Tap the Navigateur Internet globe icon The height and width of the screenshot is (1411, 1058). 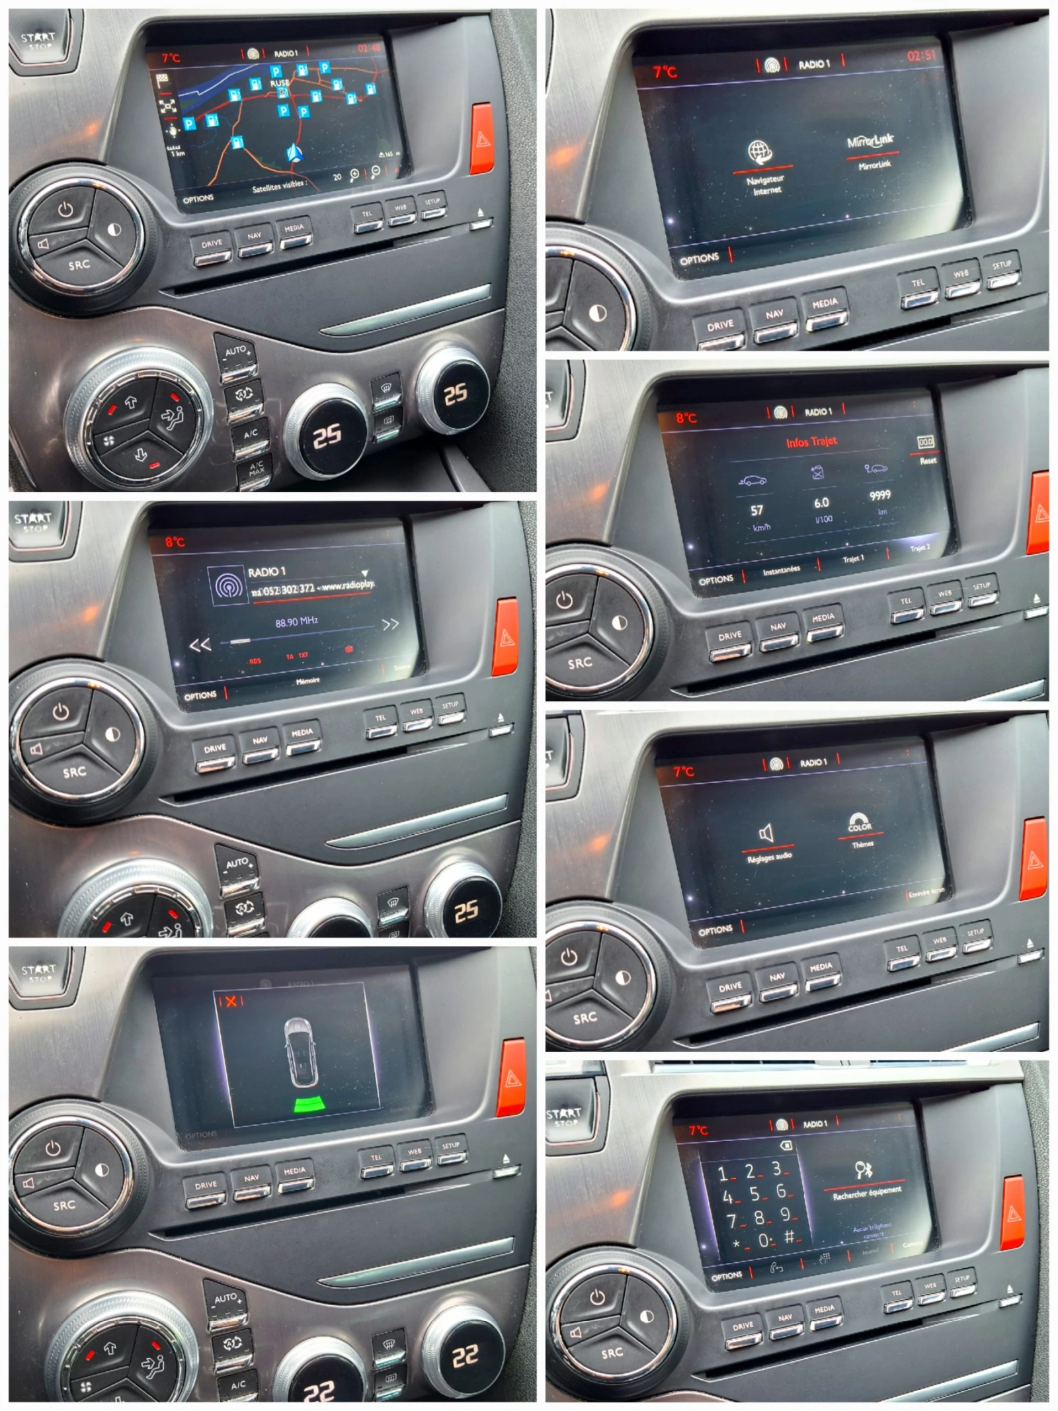760,151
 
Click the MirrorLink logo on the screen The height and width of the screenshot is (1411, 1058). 870,141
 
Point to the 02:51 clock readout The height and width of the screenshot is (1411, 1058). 921,56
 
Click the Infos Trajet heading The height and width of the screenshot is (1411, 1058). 811,442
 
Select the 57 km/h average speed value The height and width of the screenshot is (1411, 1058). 756,510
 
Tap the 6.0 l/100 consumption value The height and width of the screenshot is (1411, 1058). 821,503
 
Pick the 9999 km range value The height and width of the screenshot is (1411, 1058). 879,495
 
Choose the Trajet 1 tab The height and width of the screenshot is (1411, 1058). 853,560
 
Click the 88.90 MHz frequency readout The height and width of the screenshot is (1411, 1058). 297,621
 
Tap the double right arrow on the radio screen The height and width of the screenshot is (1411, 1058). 390,624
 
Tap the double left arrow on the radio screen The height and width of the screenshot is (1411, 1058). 200,644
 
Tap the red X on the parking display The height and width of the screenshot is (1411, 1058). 231,1001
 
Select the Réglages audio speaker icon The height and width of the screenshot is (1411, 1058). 766,833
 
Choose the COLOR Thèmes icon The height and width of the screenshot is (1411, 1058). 860,822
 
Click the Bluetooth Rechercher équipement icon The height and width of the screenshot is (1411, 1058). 864,1170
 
